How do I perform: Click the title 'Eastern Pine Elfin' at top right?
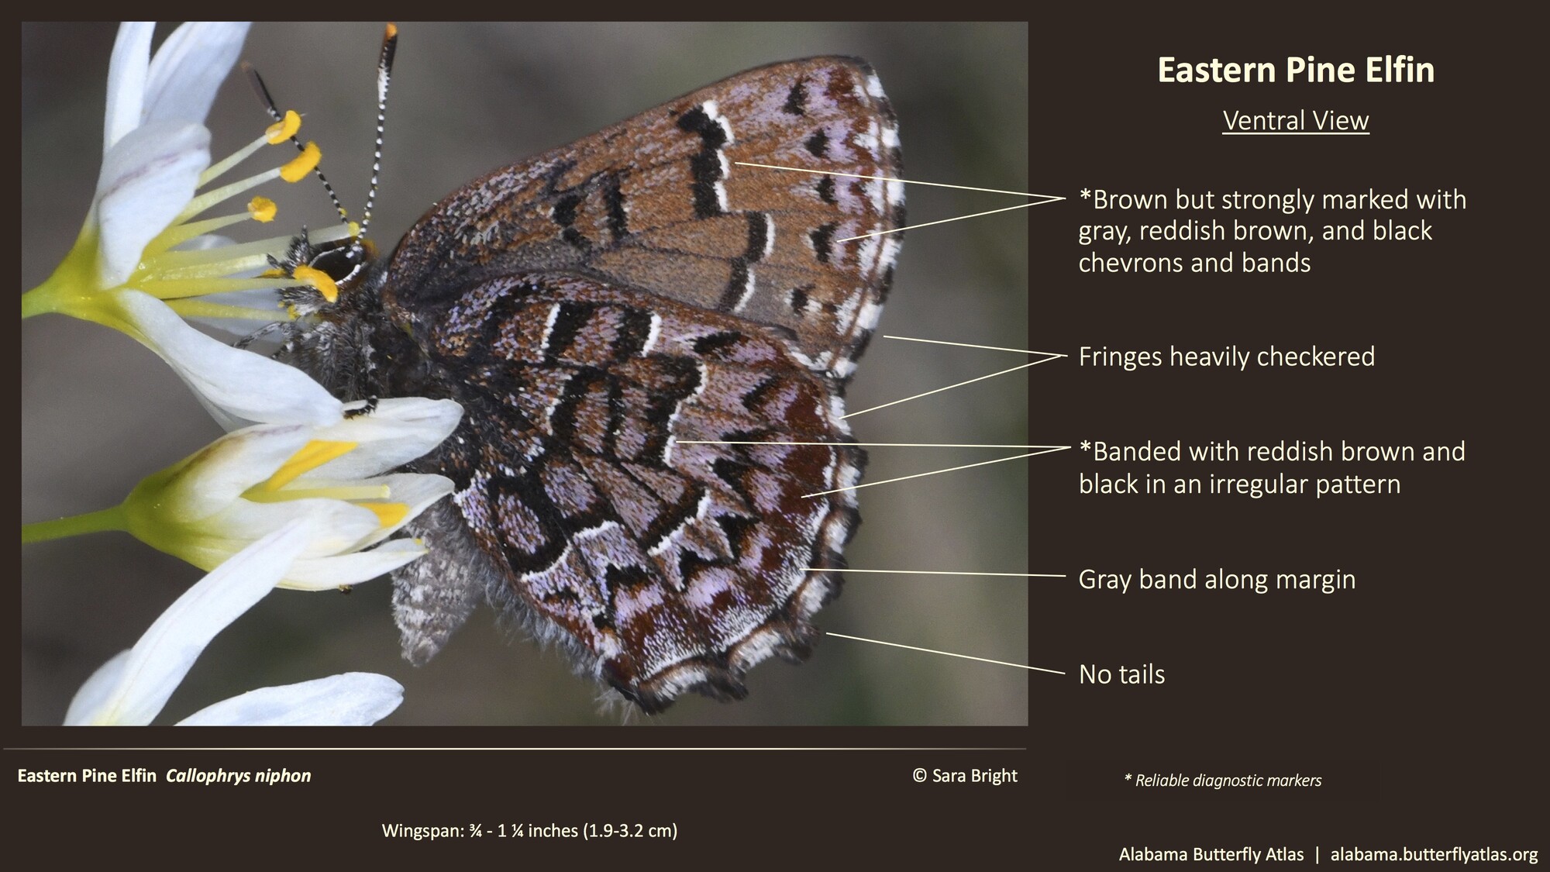click(x=1295, y=70)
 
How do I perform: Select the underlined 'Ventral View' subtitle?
click(x=1295, y=121)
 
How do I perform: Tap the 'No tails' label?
click(x=1121, y=674)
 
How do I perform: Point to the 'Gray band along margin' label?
click(x=1217, y=579)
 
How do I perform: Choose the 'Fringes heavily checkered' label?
click(x=1226, y=357)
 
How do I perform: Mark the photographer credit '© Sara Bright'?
click(x=965, y=776)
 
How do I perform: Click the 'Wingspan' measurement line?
click(x=529, y=831)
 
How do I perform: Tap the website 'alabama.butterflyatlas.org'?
click(x=1434, y=854)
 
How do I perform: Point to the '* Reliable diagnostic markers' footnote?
click(x=1222, y=781)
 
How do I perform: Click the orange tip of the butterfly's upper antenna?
click(x=390, y=31)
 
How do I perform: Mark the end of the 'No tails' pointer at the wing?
click(x=828, y=634)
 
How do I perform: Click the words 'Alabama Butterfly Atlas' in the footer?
click(x=1211, y=854)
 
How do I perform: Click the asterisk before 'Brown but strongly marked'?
click(x=1085, y=195)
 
